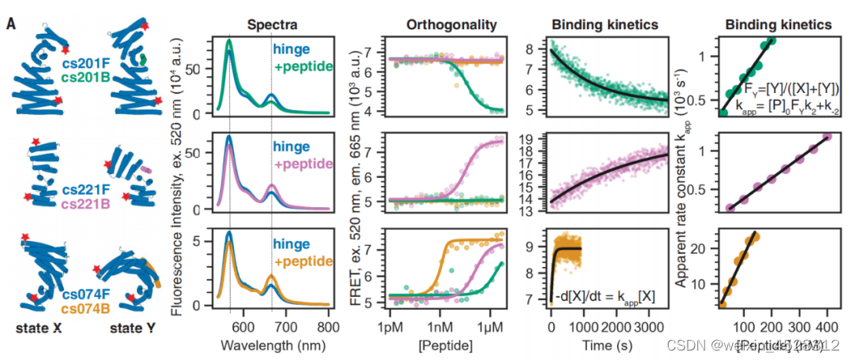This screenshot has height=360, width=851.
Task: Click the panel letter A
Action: [10, 24]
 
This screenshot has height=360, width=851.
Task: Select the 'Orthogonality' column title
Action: [452, 24]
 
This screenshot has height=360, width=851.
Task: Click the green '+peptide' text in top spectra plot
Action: [302, 66]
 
